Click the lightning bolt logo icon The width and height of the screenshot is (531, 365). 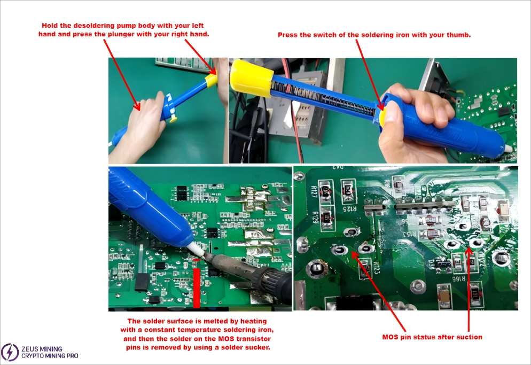click(10, 351)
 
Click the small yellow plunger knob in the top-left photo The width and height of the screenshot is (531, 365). click(212, 80)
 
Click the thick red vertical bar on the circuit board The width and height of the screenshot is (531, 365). click(197, 288)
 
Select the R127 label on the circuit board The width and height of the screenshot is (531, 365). click(314, 189)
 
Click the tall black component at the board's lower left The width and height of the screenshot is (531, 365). click(141, 281)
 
